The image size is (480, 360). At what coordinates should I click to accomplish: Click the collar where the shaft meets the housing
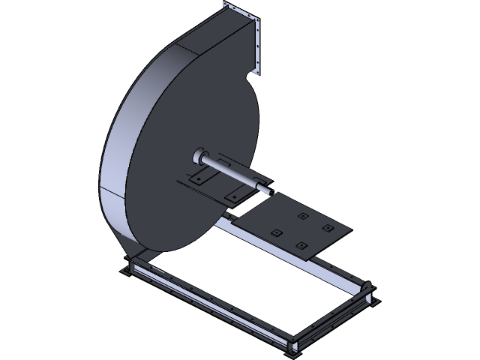199,156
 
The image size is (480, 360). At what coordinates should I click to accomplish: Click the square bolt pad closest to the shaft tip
302,216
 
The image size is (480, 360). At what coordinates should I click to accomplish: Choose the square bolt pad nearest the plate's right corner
327,227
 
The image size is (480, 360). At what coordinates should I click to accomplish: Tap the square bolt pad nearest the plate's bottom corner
301,245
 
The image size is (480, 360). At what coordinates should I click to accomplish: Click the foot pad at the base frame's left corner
129,268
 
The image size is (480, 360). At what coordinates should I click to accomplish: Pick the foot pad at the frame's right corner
369,292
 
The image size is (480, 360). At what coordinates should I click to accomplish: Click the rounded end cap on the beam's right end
367,286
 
